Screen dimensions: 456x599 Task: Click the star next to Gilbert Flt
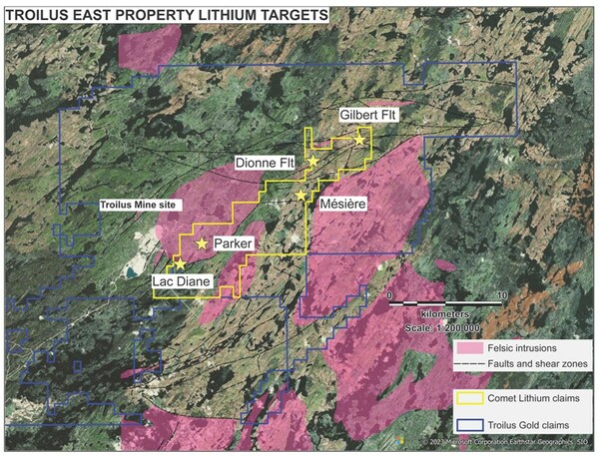pyautogui.click(x=359, y=141)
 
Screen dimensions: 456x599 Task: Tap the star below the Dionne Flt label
pyautogui.click(x=312, y=162)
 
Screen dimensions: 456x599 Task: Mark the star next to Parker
pyautogui.click(x=203, y=243)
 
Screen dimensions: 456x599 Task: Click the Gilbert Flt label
pyautogui.click(x=368, y=116)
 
